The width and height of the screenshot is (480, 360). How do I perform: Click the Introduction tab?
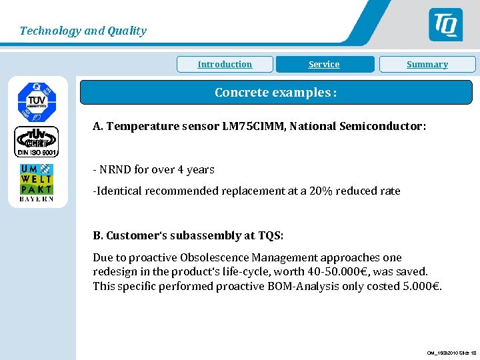[x=225, y=65]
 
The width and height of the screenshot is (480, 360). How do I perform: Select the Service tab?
[x=324, y=65]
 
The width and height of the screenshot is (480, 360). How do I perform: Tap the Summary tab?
[x=427, y=65]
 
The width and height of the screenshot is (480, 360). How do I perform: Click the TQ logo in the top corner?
[x=445, y=25]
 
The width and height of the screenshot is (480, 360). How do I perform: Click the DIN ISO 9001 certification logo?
[x=37, y=142]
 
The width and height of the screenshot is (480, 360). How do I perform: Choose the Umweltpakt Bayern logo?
[x=37, y=182]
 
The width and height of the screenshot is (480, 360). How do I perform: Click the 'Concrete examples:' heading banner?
[x=276, y=93]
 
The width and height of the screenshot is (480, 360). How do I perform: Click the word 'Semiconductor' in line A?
[x=385, y=126]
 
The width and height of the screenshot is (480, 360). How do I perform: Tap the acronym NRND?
[x=115, y=169]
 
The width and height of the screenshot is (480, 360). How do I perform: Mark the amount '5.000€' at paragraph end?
[x=423, y=286]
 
